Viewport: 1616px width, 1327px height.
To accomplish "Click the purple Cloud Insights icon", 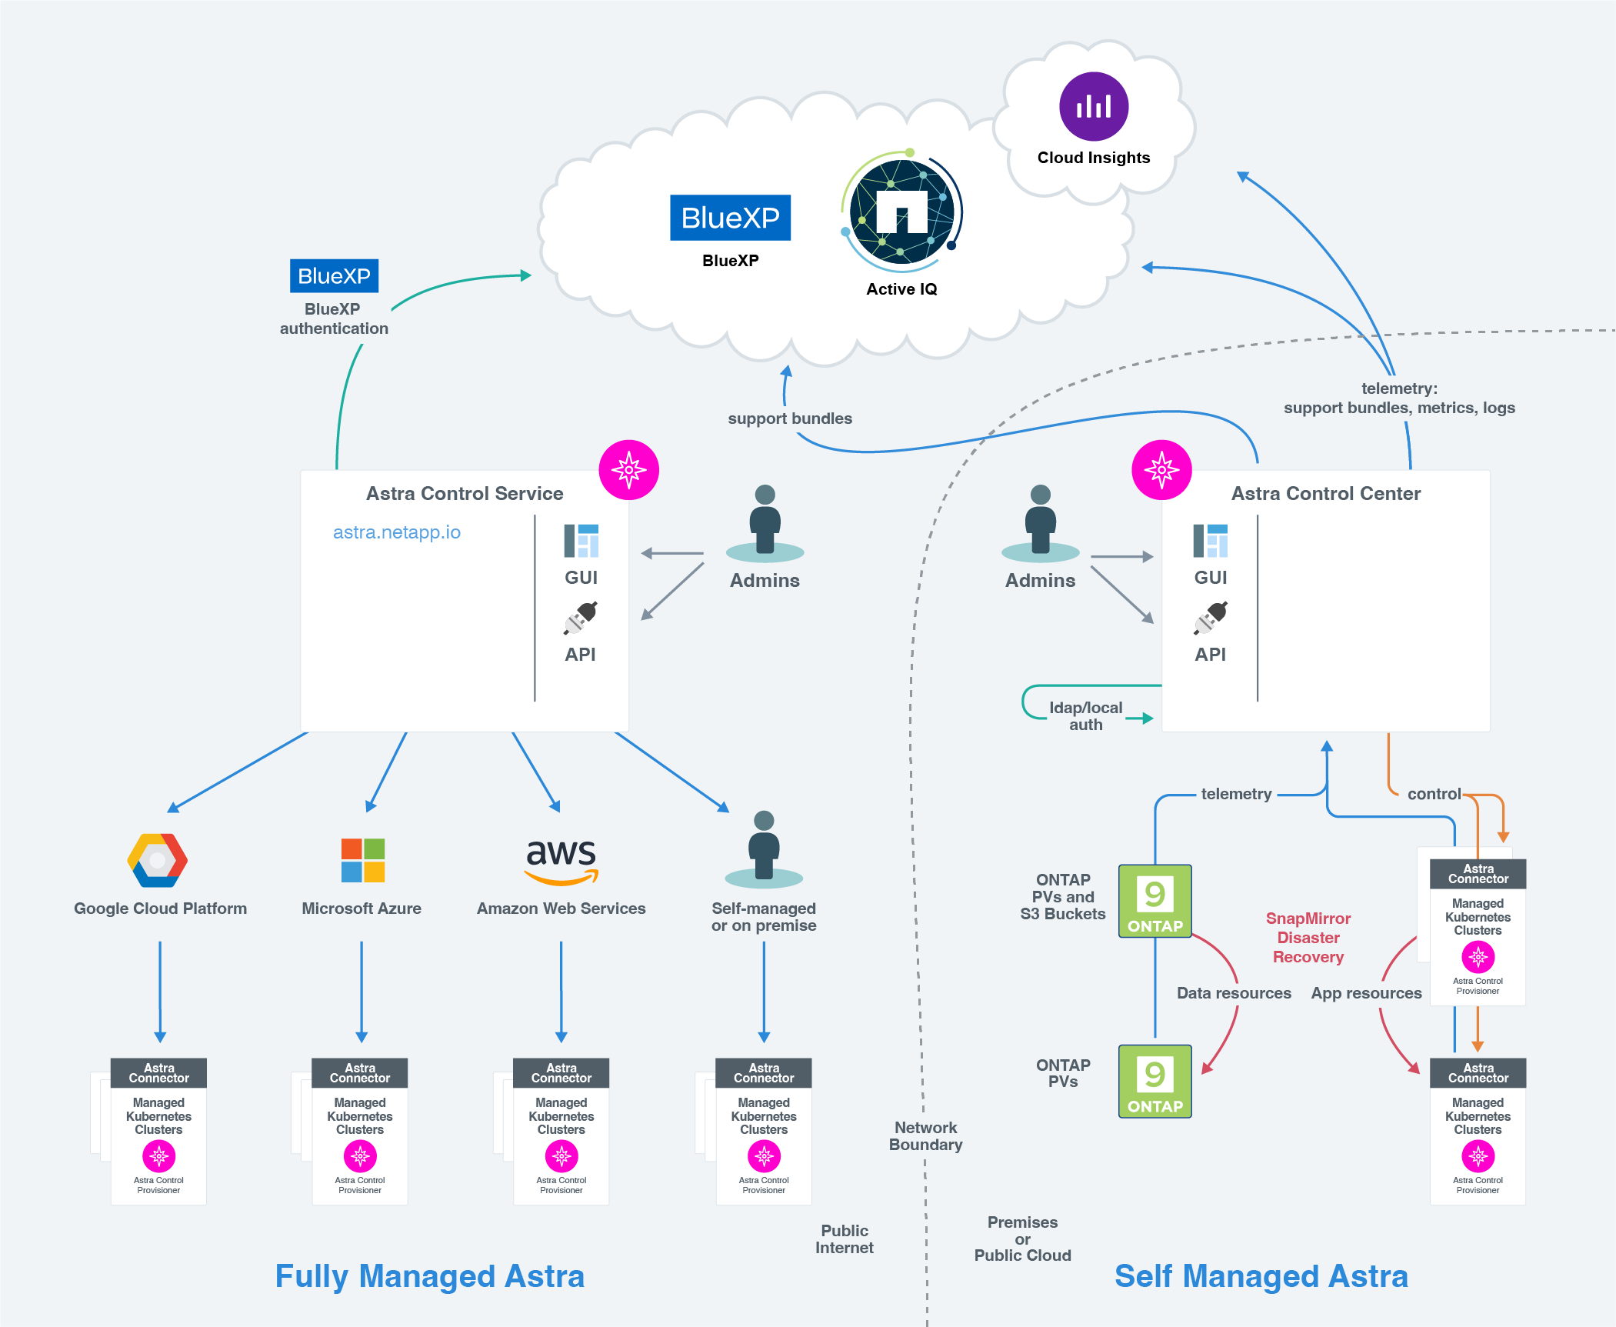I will click(1093, 106).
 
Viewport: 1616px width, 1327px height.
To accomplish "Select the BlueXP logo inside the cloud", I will click(730, 218).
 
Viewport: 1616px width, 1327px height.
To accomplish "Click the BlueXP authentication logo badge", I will click(334, 275).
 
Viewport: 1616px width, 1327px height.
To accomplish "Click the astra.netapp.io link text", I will click(396, 532).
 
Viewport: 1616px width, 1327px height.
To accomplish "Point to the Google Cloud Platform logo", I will click(158, 860).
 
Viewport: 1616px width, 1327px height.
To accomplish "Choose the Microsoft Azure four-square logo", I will click(362, 860).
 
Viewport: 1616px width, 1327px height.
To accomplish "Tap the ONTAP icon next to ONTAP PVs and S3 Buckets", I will click(1155, 901).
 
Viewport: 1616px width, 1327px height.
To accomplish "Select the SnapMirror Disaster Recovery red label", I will click(1308, 938).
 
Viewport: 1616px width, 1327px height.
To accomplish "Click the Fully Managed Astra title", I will click(430, 1276).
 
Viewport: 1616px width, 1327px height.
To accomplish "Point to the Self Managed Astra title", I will click(1261, 1276).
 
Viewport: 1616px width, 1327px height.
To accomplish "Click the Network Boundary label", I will click(925, 1136).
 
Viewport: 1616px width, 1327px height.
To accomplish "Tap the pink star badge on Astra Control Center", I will click(1161, 469).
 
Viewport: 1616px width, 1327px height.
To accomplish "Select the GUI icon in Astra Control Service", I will click(581, 541).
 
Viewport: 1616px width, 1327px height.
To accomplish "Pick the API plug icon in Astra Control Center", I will click(1211, 618).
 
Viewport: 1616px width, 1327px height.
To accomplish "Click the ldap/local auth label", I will click(1085, 716).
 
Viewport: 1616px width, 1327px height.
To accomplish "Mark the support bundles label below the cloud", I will click(790, 418).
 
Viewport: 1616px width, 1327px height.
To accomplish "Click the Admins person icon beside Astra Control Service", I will click(765, 523).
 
